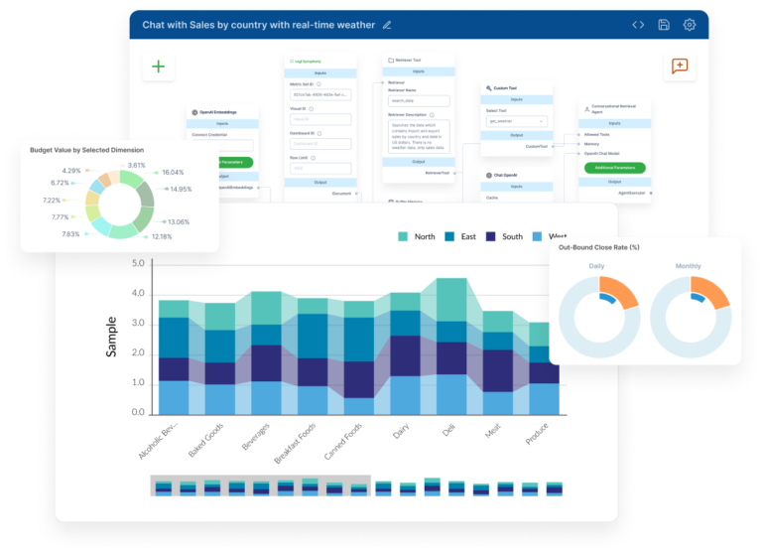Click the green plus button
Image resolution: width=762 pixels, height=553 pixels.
coord(158,67)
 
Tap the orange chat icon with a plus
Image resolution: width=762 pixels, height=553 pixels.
coord(680,67)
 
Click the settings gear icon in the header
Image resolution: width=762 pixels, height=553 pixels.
coord(690,25)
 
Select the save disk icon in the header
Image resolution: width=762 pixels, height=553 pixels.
coord(664,25)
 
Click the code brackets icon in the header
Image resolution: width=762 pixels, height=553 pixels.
coord(638,25)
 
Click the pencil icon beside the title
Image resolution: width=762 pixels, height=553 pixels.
coord(387,25)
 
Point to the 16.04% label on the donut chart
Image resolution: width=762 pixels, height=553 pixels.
coord(174,173)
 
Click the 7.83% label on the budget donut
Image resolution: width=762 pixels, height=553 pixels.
coord(70,234)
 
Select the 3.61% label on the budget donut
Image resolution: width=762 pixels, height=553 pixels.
coord(137,166)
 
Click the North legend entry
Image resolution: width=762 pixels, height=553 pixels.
coord(416,236)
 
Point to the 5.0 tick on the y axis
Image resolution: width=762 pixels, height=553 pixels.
coord(138,264)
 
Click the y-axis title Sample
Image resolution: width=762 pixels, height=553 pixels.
coord(112,338)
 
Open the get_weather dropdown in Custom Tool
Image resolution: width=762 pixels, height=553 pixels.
coord(516,121)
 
